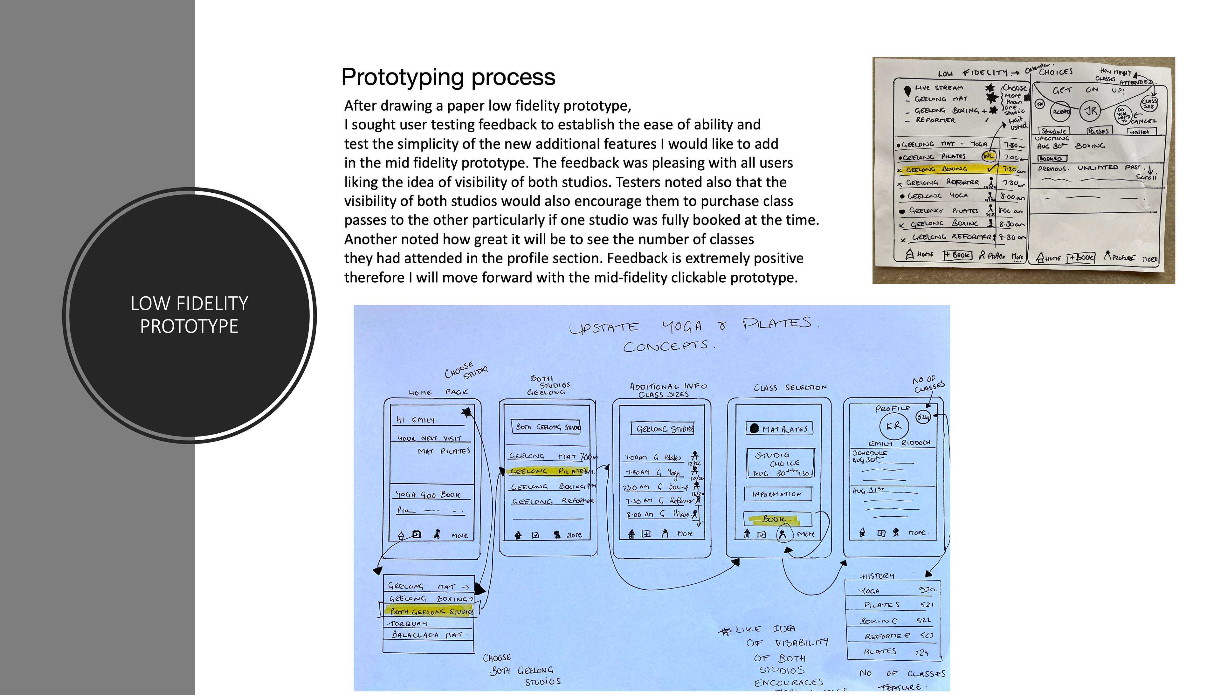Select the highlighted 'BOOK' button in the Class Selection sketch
777,519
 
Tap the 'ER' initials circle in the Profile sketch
893,426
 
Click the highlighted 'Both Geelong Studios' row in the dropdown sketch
430,611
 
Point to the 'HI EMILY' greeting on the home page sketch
416,420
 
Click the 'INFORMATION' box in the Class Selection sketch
777,494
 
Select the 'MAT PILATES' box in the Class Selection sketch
779,429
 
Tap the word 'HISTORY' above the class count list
877,576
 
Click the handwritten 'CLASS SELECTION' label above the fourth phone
790,388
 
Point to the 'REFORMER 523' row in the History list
897,636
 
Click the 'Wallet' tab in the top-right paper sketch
1141,132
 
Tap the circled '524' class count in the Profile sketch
923,417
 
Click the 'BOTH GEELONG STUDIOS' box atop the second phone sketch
548,427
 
